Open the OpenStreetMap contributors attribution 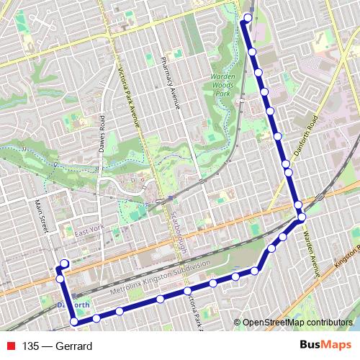297,323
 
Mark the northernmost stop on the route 248,17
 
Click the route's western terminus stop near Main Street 64,264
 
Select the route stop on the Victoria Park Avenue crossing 186,291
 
